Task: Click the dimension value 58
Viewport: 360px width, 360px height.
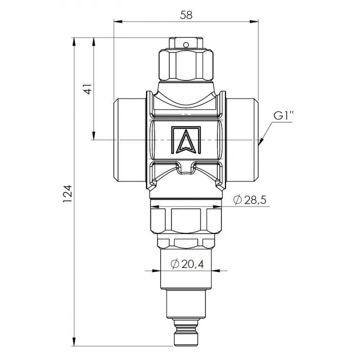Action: [x=186, y=15]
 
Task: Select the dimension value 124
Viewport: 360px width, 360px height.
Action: [x=67, y=193]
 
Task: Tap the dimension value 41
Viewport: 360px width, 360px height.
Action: [x=88, y=89]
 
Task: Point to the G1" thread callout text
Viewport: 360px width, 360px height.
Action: [x=283, y=115]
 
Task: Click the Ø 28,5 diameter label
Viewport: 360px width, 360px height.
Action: [x=249, y=200]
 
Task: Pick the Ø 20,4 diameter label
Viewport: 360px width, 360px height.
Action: [x=187, y=264]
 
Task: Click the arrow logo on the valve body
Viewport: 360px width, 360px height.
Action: [x=186, y=140]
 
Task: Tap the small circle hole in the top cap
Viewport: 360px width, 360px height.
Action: [x=186, y=44]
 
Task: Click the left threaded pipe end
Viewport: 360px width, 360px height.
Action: [x=130, y=140]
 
